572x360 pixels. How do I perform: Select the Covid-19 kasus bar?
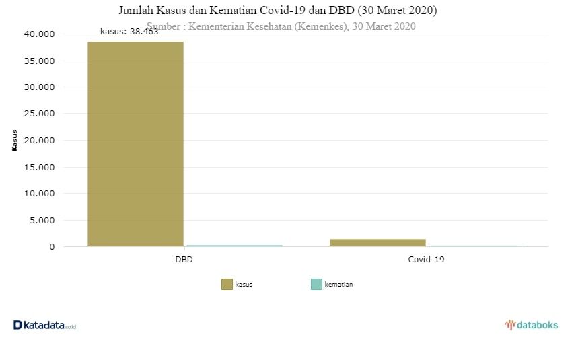[378, 242]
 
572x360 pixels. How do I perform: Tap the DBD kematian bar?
[234, 246]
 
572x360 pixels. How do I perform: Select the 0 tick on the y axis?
[51, 247]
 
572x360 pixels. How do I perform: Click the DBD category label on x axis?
[185, 259]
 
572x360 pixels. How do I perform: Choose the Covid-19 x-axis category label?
[426, 259]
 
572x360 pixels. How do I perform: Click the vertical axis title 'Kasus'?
[15, 141]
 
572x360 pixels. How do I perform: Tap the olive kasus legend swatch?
[227, 285]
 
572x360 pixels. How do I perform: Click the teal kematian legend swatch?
[316, 285]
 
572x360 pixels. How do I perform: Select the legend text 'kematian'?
[338, 285]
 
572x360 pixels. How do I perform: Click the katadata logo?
[44, 326]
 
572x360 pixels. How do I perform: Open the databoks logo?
[531, 325]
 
